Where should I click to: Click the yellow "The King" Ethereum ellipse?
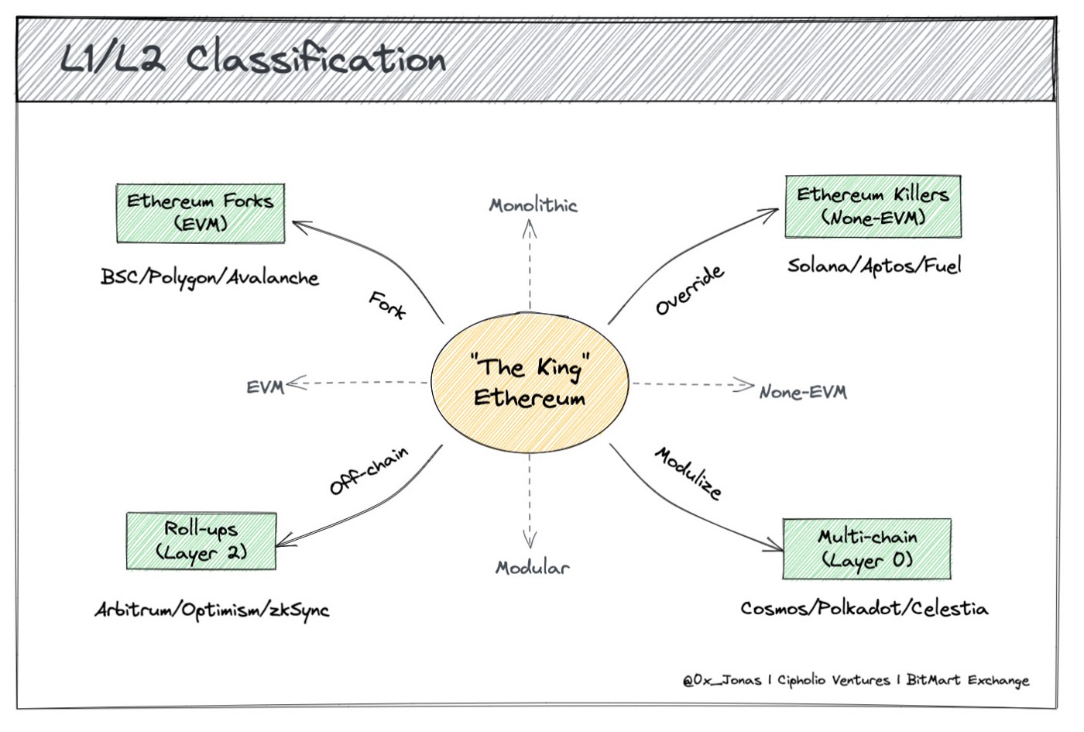pyautogui.click(x=530, y=383)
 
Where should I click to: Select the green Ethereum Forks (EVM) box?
pyautogui.click(x=201, y=213)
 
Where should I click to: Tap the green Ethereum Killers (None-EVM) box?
pyautogui.click(x=873, y=207)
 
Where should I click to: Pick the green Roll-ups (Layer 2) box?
pyautogui.click(x=201, y=541)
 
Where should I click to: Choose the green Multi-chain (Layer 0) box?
pyautogui.click(x=867, y=548)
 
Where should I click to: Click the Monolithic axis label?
pyautogui.click(x=533, y=205)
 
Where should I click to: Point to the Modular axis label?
pyautogui.click(x=532, y=568)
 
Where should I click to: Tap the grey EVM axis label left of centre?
pyautogui.click(x=265, y=387)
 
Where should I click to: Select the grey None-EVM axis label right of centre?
pyautogui.click(x=803, y=392)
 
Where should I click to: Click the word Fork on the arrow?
pyautogui.click(x=387, y=305)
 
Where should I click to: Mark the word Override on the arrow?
pyautogui.click(x=690, y=290)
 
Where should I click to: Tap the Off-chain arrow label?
pyautogui.click(x=369, y=470)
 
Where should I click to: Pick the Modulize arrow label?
pyautogui.click(x=688, y=473)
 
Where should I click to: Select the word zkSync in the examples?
pyautogui.click(x=299, y=610)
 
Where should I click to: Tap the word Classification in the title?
pyautogui.click(x=316, y=60)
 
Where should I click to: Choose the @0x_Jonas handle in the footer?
pyautogui.click(x=722, y=680)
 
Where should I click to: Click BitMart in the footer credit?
pyautogui.click(x=934, y=680)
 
